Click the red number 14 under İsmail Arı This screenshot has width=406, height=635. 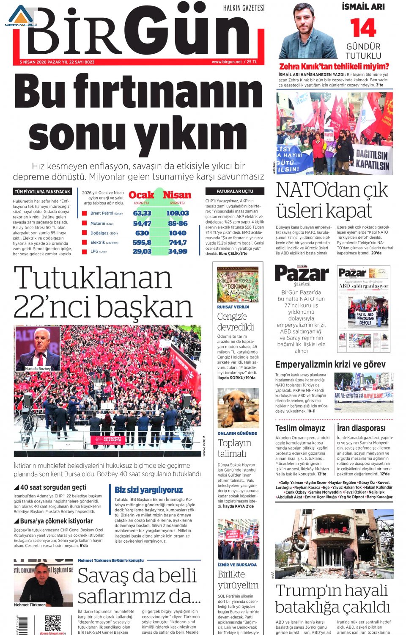(x=363, y=28)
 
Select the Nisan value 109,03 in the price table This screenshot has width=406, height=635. (x=177, y=213)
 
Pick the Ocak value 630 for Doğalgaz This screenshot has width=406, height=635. (x=142, y=233)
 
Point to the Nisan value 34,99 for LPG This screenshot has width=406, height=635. (x=177, y=251)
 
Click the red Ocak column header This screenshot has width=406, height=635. (x=141, y=195)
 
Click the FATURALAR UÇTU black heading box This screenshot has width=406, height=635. (x=235, y=191)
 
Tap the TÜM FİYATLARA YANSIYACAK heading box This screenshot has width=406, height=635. (x=42, y=192)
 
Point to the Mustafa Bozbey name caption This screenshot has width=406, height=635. (x=38, y=369)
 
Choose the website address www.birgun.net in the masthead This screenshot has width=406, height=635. (x=227, y=62)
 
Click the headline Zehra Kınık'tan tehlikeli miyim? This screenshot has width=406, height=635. (x=334, y=66)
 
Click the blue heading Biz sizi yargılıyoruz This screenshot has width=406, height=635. (x=148, y=490)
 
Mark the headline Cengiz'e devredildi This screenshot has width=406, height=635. (x=236, y=322)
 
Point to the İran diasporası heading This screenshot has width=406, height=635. (x=361, y=428)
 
